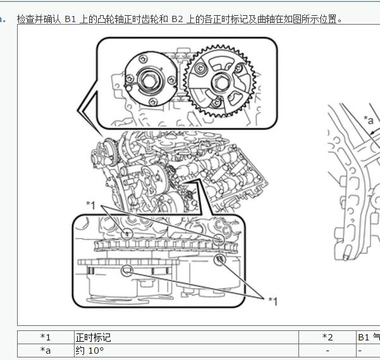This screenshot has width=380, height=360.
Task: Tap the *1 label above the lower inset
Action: tap(90, 205)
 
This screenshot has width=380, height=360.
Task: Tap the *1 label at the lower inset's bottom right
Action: tap(273, 301)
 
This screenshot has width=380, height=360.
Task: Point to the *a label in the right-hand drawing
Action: tap(368, 120)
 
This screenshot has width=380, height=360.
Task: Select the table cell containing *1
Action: tap(46, 337)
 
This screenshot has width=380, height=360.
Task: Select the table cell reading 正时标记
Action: tap(186, 337)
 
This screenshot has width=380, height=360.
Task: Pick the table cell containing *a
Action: tap(46, 350)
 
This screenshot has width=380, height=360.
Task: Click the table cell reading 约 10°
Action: tap(186, 350)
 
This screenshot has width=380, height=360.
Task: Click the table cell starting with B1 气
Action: tap(368, 337)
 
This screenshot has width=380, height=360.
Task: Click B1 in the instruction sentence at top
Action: tap(71, 19)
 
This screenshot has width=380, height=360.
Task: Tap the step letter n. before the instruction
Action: tap(3, 19)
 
